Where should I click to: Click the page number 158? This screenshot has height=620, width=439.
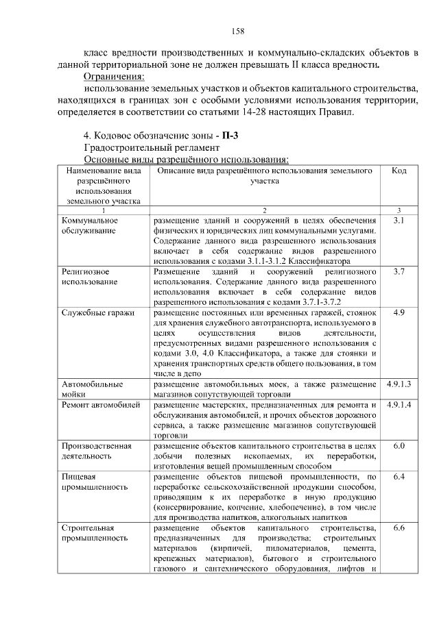pyautogui.click(x=238, y=31)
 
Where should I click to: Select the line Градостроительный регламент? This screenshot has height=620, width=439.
pyautogui.click(x=151, y=147)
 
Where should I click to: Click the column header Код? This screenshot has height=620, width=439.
pyautogui.click(x=399, y=171)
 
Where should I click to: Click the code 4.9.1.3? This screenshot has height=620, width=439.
pyautogui.click(x=399, y=384)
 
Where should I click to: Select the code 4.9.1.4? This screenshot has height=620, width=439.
pyautogui.click(x=399, y=405)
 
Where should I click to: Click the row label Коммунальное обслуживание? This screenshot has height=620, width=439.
pyautogui.click(x=90, y=225)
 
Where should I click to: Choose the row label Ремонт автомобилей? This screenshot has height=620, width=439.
pyautogui.click(x=100, y=405)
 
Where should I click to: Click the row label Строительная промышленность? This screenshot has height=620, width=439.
pyautogui.click(x=94, y=533)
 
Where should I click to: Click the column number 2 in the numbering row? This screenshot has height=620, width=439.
pyautogui.click(x=264, y=210)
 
